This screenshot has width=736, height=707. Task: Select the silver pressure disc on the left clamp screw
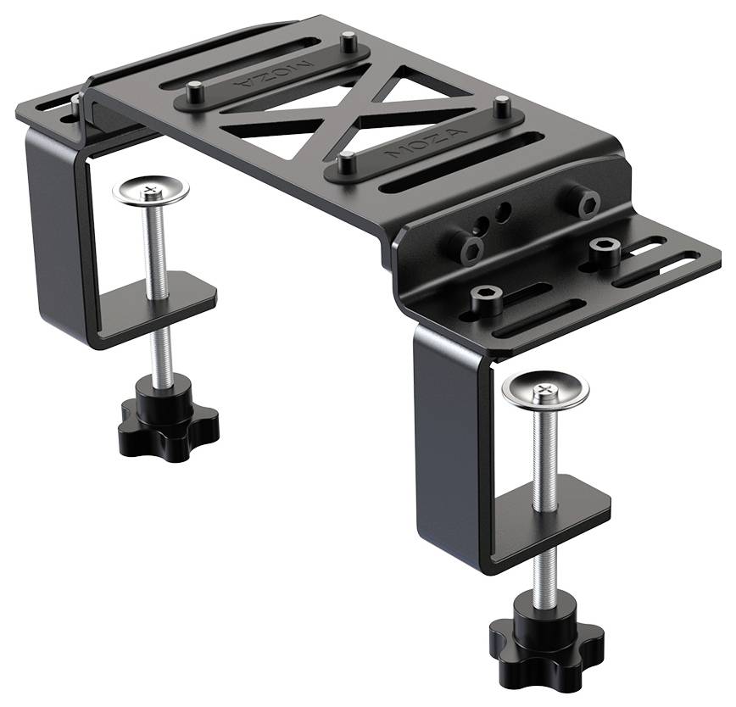pos(151,190)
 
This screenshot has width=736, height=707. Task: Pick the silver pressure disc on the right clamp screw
pos(545,389)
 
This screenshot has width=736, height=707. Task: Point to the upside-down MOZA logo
pos(272,75)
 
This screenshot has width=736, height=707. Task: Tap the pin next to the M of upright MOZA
pos(347,162)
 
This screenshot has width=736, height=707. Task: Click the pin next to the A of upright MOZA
pos(503,106)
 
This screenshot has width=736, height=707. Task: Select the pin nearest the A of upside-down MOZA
pos(194,92)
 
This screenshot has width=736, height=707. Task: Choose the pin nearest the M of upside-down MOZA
pos(348,42)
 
